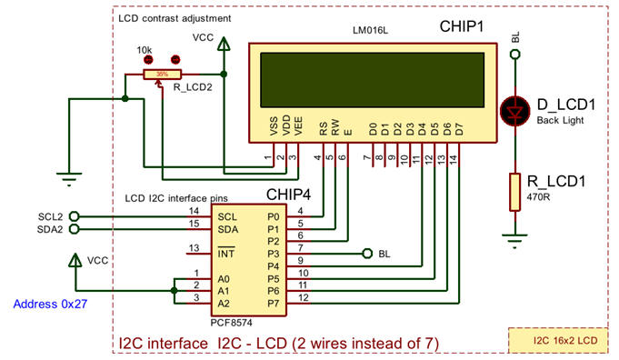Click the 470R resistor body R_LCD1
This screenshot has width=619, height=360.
515,191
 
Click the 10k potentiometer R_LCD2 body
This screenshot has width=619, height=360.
162,75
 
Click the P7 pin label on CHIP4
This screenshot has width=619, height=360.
272,300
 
